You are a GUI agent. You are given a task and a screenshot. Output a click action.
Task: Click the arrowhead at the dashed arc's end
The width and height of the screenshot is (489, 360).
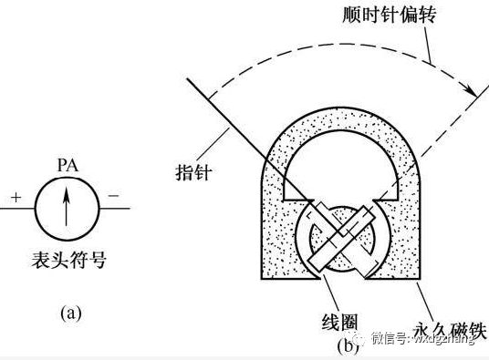tap(473, 90)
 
